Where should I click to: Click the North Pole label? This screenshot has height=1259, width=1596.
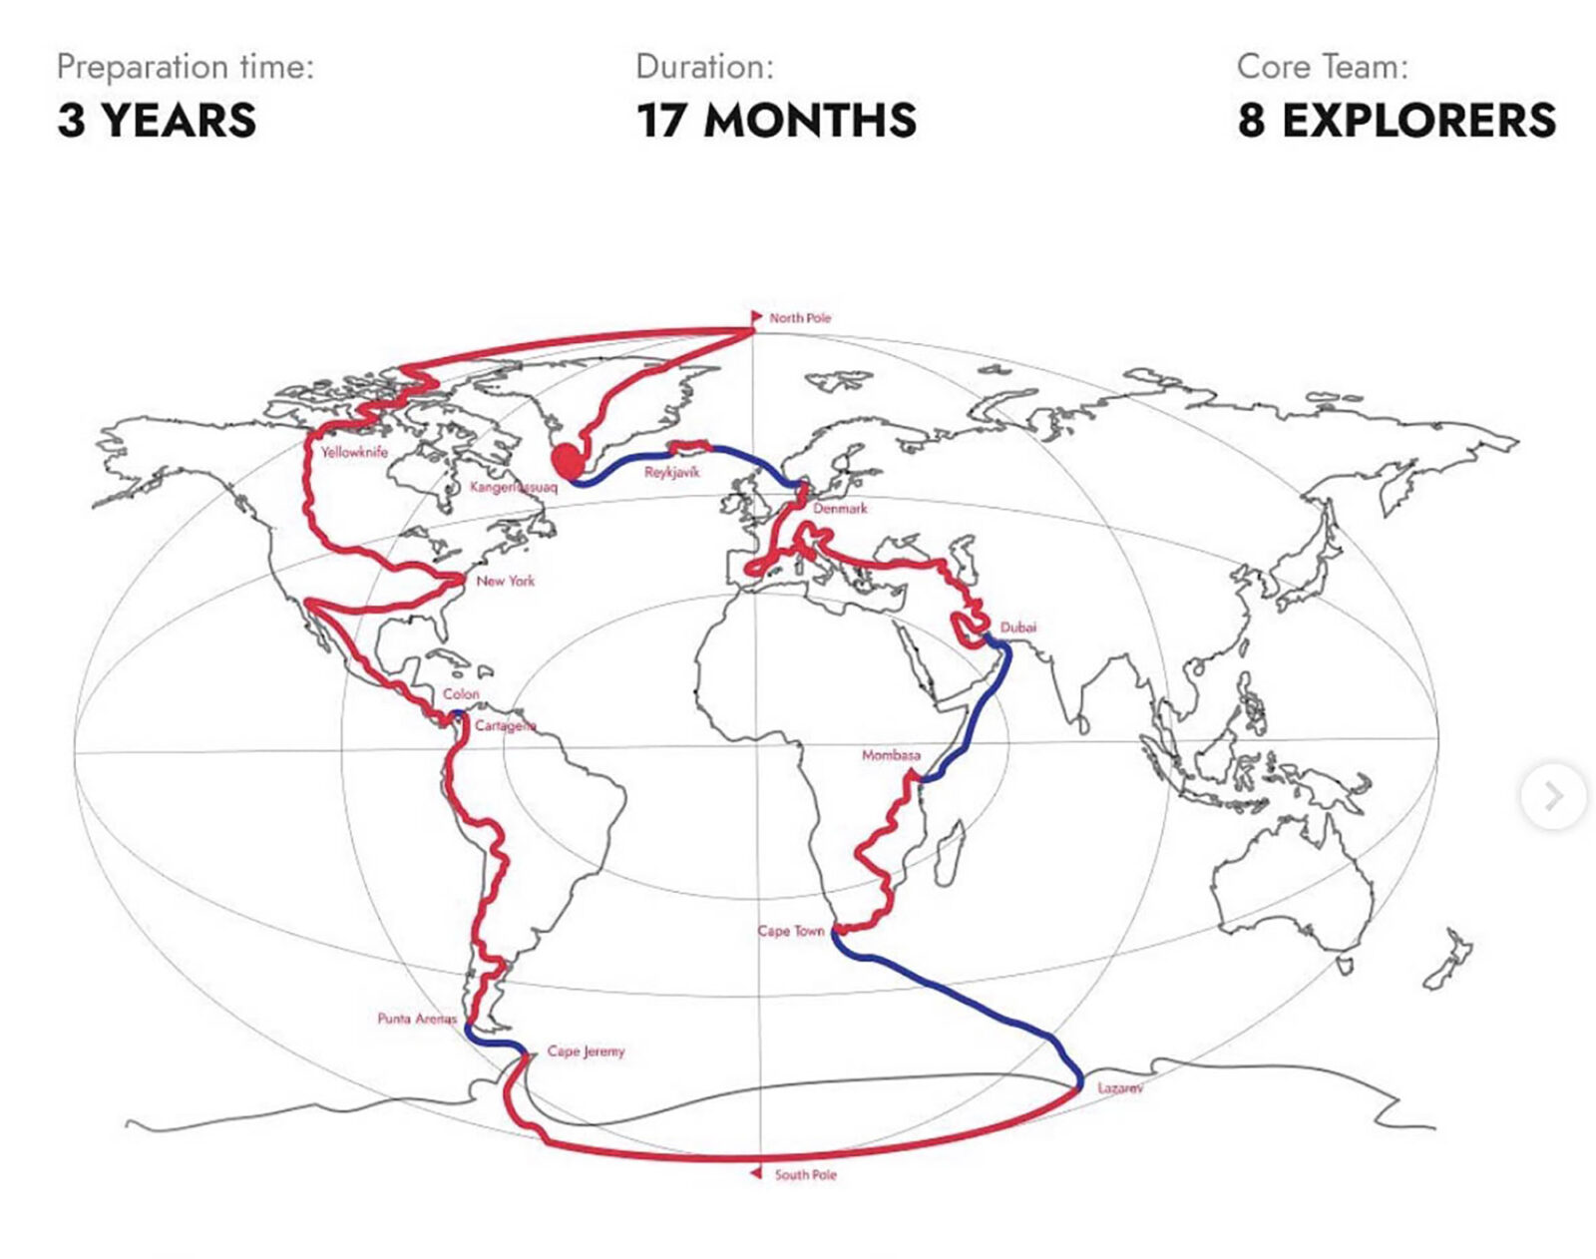[x=799, y=318]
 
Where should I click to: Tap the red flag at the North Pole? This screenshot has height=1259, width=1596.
[x=756, y=317]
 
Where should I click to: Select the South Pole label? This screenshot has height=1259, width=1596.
[x=805, y=1175]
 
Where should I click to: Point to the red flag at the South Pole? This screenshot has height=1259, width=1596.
[x=756, y=1173]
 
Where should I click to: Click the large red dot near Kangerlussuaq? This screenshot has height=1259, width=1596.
[x=568, y=460]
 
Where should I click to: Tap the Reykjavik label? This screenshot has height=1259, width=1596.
[x=671, y=472]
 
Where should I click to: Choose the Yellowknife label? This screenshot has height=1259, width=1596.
[x=354, y=452]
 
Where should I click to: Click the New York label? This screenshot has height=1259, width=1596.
[x=505, y=581]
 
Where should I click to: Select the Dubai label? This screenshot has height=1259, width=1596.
[x=1017, y=628]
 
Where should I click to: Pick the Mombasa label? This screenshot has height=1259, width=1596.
[x=891, y=755]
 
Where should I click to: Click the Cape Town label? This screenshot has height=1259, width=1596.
[x=790, y=931]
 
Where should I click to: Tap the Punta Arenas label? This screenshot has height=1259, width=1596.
[x=417, y=1019]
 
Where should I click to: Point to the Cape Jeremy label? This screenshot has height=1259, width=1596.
[x=586, y=1051]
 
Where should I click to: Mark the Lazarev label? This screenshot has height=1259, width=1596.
[x=1119, y=1088]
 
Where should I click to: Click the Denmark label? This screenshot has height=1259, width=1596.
[x=840, y=509]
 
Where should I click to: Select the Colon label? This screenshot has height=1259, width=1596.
[x=461, y=693]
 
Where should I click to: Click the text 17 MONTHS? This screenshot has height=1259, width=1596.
[x=776, y=121]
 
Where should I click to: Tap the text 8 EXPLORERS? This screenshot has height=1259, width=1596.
[x=1396, y=121]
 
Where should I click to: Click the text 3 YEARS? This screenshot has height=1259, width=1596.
[x=157, y=121]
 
